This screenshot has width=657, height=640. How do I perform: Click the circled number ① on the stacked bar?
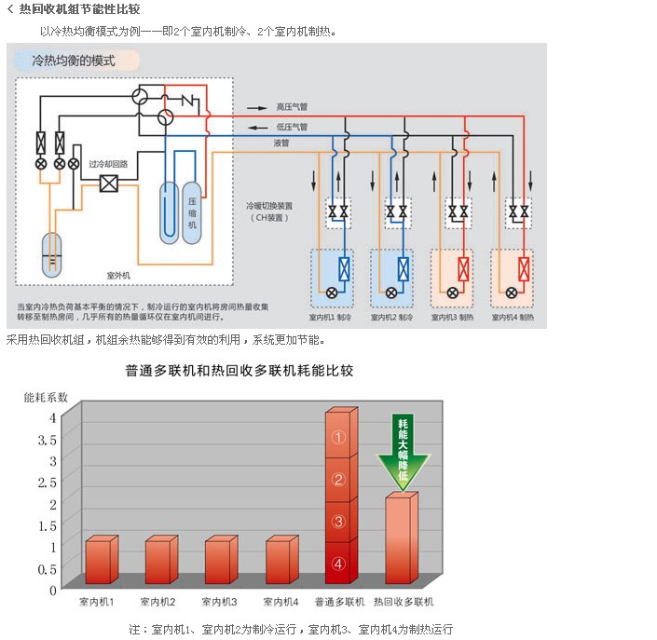[339, 437]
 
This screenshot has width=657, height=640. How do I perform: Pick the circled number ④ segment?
[339, 563]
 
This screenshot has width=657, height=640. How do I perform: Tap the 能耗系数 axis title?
[46, 397]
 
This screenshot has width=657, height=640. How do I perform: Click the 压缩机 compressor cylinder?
[193, 212]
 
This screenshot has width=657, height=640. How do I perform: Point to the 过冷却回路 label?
[108, 164]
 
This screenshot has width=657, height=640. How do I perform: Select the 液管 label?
[281, 143]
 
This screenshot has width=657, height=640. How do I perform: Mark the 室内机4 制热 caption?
[513, 318]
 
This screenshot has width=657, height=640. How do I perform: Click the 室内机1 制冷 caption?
[333, 318]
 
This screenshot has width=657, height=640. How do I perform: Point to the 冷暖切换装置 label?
[268, 205]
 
